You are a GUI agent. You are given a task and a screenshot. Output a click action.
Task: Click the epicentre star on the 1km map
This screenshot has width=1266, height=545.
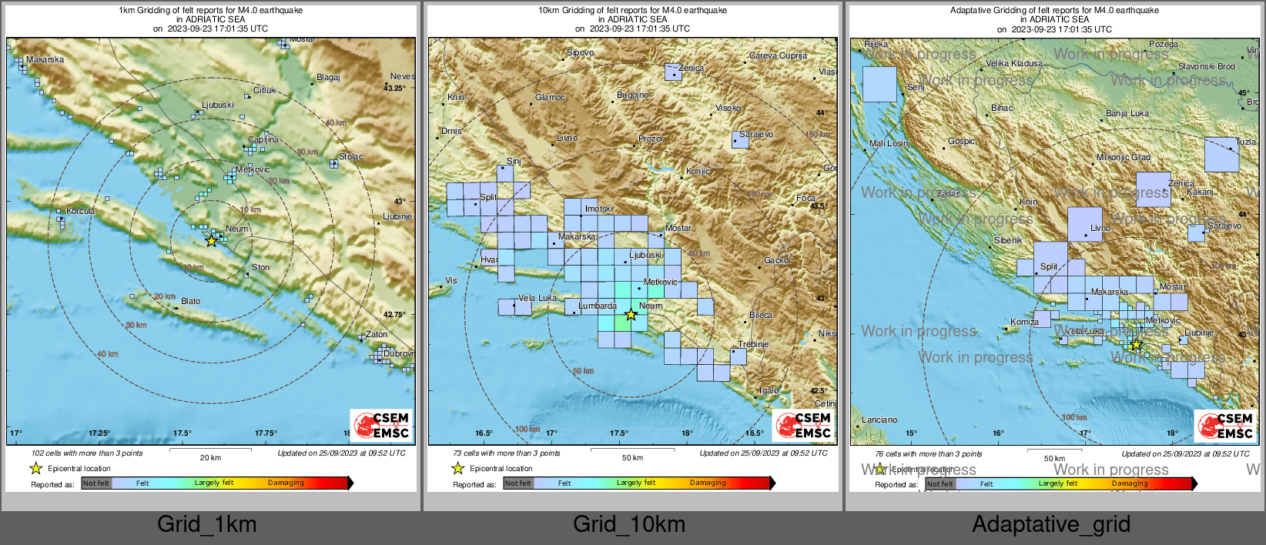(x=211, y=241)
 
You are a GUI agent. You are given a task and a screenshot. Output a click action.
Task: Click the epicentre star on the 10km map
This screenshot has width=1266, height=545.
(x=631, y=314)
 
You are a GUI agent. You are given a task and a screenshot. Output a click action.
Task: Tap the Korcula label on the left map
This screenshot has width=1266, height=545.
(x=80, y=211)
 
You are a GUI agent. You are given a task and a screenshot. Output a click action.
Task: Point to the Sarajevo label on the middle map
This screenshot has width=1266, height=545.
(x=756, y=134)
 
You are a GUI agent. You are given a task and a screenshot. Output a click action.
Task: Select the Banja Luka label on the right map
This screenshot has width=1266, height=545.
(x=1127, y=113)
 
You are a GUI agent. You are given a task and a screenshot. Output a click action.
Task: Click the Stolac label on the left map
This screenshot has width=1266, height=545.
(x=350, y=156)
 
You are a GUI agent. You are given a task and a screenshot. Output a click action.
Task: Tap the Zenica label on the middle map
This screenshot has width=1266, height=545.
(x=691, y=68)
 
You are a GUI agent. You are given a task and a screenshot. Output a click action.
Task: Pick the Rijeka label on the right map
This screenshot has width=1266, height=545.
(x=876, y=44)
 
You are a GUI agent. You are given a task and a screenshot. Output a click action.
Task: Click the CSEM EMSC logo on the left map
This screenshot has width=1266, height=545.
(x=382, y=425)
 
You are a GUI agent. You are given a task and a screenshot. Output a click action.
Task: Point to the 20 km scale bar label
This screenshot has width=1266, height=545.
(x=210, y=457)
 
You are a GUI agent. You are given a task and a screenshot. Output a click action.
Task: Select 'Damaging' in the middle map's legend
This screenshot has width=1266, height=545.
(x=708, y=483)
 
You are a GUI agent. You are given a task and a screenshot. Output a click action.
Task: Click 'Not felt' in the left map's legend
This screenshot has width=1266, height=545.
(x=96, y=483)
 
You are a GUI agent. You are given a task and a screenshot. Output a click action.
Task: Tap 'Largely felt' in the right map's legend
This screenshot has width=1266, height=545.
(x=1057, y=483)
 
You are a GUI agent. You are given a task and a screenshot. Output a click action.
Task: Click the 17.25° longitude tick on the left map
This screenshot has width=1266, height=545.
(x=99, y=433)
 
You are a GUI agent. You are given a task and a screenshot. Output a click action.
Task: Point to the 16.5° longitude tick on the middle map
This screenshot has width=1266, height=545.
(x=484, y=433)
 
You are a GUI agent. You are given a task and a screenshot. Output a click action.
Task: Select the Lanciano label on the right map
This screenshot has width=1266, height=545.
(x=879, y=420)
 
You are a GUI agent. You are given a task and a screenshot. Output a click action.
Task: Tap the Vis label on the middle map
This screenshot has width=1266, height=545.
(x=451, y=280)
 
